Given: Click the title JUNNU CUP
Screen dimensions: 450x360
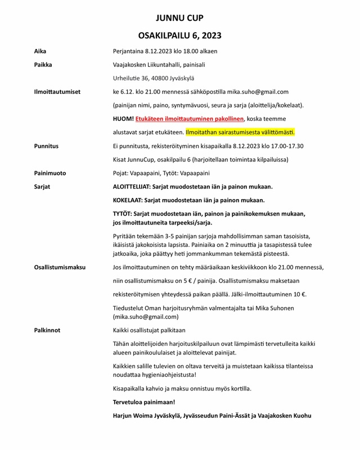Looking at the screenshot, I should pos(179,17).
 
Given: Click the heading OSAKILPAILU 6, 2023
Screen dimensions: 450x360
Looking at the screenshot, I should pos(179,35).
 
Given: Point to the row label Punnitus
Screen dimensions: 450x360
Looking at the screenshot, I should pos(47,146).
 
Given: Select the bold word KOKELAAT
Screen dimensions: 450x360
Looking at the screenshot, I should pos(129,200).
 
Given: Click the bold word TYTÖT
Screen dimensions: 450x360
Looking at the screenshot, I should pos(124,214).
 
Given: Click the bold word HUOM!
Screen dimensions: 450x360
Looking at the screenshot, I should pos(123,119).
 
